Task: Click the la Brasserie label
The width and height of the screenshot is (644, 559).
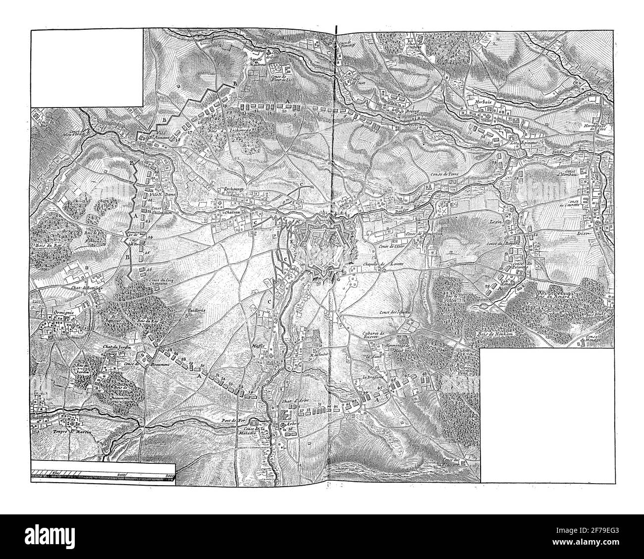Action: [x=373, y=377]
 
